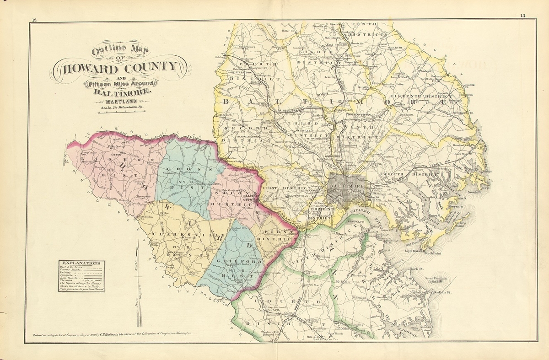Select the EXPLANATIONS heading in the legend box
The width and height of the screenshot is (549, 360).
(x=81, y=263)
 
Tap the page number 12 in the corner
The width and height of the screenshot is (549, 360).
(x=34, y=19)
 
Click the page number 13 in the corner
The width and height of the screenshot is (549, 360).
(x=522, y=16)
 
